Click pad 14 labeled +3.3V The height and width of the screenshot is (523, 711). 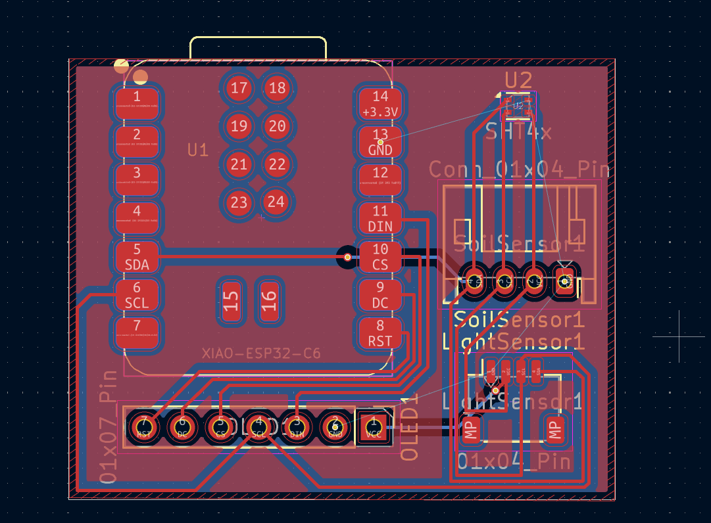click(380, 104)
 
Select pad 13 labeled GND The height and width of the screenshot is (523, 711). click(380, 142)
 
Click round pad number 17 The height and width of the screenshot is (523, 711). click(239, 88)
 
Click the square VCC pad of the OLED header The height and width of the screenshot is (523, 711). click(374, 426)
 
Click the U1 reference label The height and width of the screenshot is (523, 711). click(197, 150)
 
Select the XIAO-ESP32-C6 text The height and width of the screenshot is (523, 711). click(261, 354)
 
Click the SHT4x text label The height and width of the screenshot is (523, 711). click(518, 133)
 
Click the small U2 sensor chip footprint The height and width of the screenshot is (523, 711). click(518, 106)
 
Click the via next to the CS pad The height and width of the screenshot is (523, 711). click(347, 257)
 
